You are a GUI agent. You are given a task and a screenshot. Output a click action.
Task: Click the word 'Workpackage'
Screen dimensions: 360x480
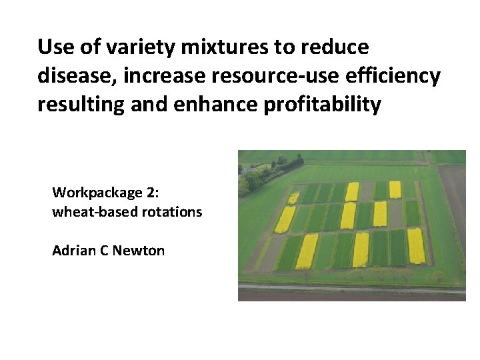click(x=97, y=193)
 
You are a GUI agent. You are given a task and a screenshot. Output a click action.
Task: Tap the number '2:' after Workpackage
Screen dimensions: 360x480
click(x=152, y=193)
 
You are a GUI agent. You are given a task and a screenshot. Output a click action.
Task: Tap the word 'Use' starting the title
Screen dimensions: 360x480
click(x=54, y=47)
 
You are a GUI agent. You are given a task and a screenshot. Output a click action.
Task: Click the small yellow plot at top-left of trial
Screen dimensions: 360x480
click(x=293, y=197)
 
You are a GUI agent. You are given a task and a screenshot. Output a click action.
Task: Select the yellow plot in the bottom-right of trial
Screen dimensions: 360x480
click(x=416, y=245)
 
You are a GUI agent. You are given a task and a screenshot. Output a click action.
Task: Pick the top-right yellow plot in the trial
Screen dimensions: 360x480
click(x=395, y=189)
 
